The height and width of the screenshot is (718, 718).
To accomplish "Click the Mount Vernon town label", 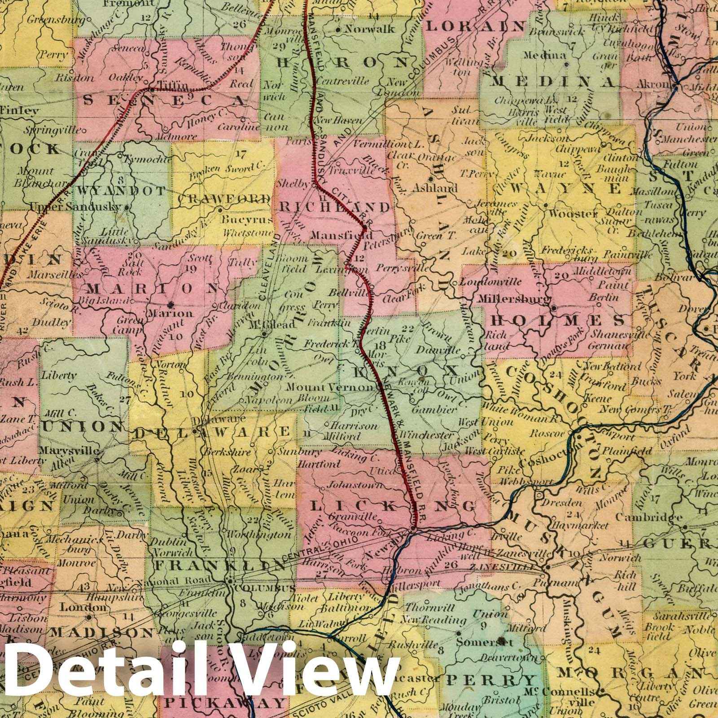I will (x=330, y=387).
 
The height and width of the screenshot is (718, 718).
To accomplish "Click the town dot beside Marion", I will (x=172, y=303).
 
